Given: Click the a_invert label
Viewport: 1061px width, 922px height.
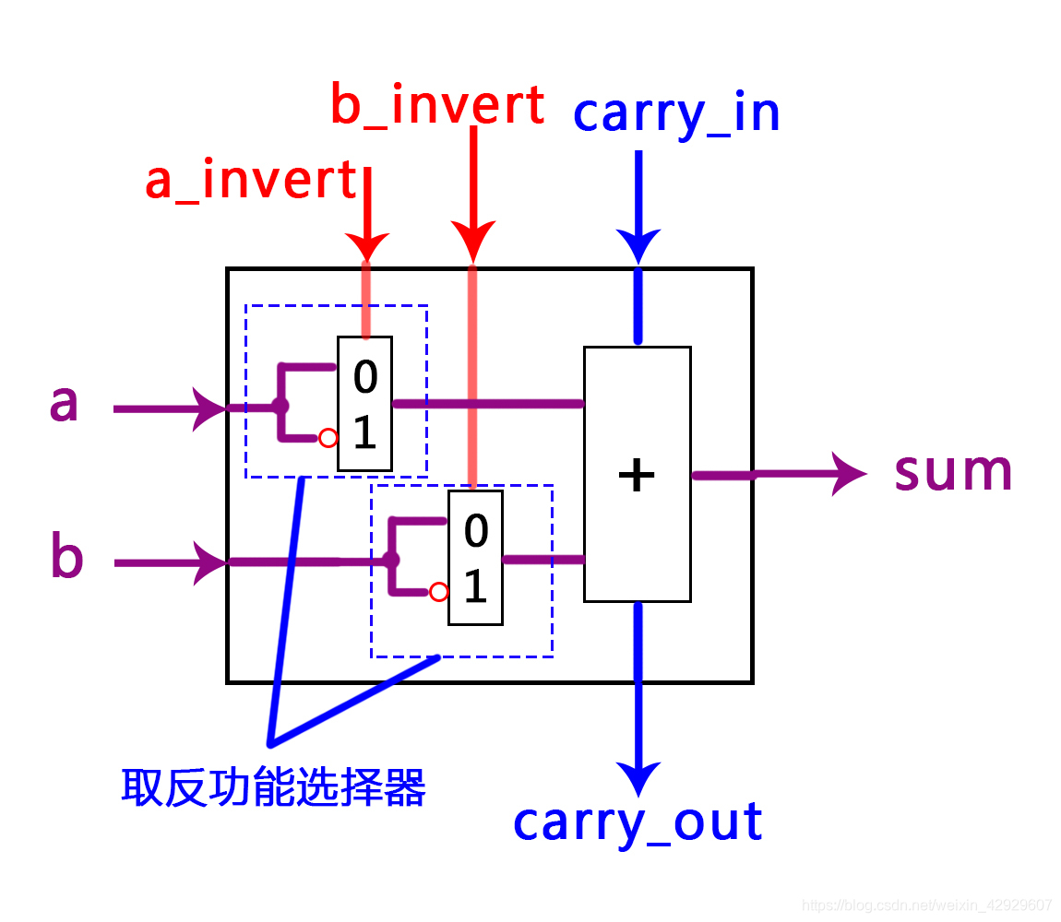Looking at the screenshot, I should pyautogui.click(x=250, y=181).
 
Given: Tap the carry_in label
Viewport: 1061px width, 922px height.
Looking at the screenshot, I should pyautogui.click(x=676, y=113).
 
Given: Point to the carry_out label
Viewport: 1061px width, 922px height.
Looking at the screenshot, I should pyautogui.click(x=638, y=822).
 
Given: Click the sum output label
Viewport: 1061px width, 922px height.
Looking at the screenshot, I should pyautogui.click(x=954, y=472).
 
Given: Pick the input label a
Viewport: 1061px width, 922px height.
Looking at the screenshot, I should pyautogui.click(x=64, y=404).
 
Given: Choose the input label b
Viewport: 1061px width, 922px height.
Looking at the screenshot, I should pyautogui.click(x=66, y=558).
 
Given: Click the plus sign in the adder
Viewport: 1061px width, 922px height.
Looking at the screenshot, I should pyautogui.click(x=637, y=476).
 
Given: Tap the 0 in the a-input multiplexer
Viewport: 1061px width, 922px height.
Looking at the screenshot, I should pyautogui.click(x=365, y=378).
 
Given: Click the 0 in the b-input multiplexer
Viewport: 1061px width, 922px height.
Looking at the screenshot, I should pyautogui.click(x=475, y=531).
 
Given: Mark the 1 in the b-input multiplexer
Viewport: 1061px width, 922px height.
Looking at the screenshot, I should pyautogui.click(x=475, y=587).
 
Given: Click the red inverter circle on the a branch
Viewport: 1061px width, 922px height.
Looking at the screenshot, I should pyautogui.click(x=328, y=439).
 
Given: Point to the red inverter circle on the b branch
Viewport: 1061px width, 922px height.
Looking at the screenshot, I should pyautogui.click(x=439, y=592).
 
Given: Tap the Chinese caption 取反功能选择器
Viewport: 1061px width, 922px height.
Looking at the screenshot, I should pyautogui.click(x=273, y=788).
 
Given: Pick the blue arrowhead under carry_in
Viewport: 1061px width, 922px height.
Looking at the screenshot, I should pyautogui.click(x=638, y=245).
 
